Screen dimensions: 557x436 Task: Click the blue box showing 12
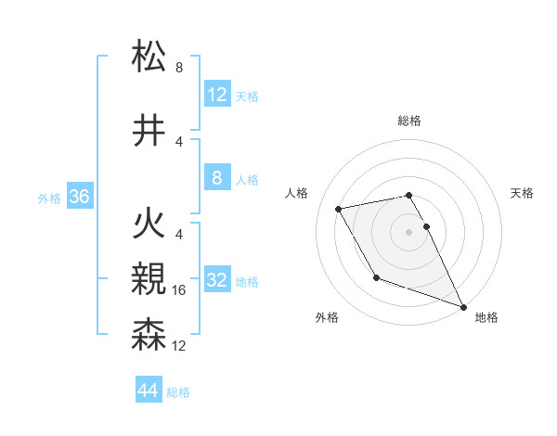coord(217,95)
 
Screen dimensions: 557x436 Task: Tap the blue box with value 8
coord(217,178)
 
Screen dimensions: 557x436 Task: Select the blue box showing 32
coord(217,280)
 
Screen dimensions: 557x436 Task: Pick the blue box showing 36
coord(80,197)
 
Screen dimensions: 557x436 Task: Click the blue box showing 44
coord(149,391)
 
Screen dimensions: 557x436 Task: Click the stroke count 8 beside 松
coord(179,68)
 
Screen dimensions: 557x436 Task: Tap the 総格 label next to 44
coord(179,392)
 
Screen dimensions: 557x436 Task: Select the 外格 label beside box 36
coord(49,199)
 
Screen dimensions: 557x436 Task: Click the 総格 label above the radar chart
coord(409,121)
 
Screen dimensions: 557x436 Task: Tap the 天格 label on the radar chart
coord(523,193)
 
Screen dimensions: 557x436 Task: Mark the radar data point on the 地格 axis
coord(464,306)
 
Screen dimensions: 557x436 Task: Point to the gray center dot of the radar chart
coord(409,232)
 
